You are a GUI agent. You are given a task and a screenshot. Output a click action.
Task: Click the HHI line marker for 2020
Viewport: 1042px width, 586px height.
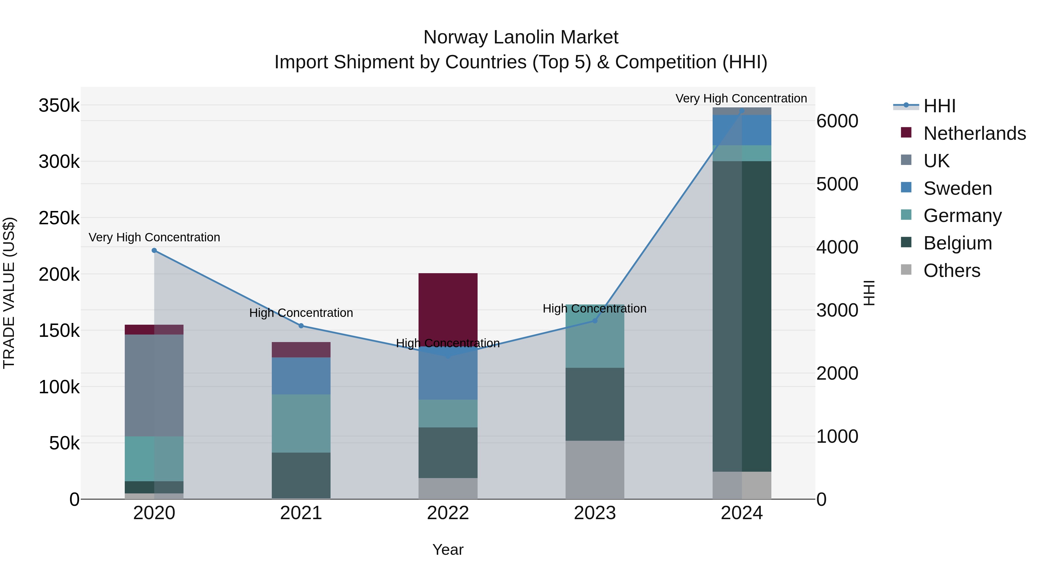(154, 250)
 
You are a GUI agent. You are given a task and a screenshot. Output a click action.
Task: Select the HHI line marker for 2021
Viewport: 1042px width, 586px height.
(301, 326)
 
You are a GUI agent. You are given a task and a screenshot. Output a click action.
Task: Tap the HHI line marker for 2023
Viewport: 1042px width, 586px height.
(595, 321)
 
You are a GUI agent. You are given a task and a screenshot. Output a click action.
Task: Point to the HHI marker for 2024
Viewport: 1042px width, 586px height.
(742, 111)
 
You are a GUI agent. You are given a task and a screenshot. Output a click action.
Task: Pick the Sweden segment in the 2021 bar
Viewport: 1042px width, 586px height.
(301, 376)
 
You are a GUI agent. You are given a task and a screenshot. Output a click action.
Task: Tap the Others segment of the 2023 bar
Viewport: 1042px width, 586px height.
(595, 470)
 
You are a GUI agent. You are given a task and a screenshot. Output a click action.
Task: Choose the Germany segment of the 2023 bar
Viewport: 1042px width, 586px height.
(595, 336)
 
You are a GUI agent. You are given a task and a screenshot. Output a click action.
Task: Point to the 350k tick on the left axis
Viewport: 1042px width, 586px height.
(59, 106)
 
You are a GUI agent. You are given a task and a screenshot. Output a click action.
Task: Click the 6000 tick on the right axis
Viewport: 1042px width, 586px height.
(837, 121)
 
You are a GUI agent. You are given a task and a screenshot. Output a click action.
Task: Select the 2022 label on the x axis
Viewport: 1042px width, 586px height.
(448, 513)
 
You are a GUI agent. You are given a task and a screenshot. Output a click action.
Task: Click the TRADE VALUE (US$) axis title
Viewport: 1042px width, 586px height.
(9, 293)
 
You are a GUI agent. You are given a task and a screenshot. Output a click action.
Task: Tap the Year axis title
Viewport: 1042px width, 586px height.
(448, 550)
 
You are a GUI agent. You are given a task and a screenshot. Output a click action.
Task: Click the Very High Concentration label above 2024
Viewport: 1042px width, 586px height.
(741, 98)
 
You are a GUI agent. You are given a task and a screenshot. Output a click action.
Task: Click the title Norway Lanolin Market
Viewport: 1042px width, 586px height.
(521, 37)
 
